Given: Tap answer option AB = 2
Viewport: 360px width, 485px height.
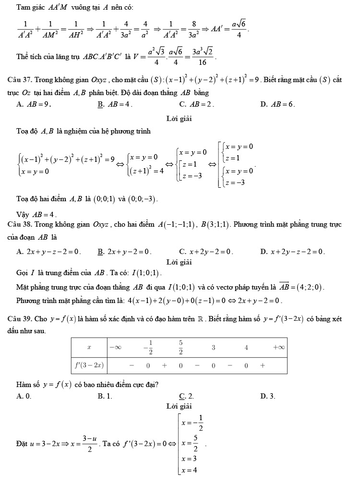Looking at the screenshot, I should point(197,104).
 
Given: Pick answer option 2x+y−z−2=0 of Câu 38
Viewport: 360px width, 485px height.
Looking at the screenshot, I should point(48,251).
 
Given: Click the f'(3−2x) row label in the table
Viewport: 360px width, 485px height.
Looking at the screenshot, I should point(89,365).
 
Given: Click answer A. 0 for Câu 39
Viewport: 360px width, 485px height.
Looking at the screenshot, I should point(24,396).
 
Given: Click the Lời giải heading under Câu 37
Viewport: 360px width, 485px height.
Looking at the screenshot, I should point(179,118).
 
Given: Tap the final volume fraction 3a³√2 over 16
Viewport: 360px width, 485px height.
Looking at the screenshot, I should point(203,56).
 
